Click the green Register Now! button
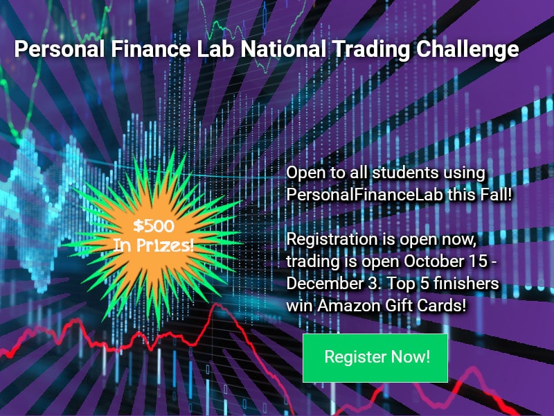coord(375,358)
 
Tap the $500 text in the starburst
coord(154,226)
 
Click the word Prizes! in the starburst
coord(165,245)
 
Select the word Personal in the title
coord(60,49)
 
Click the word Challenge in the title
coord(467,49)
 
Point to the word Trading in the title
coord(372,49)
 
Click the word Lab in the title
coord(215,49)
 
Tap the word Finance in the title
coord(151,49)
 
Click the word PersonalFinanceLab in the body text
coord(364,195)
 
